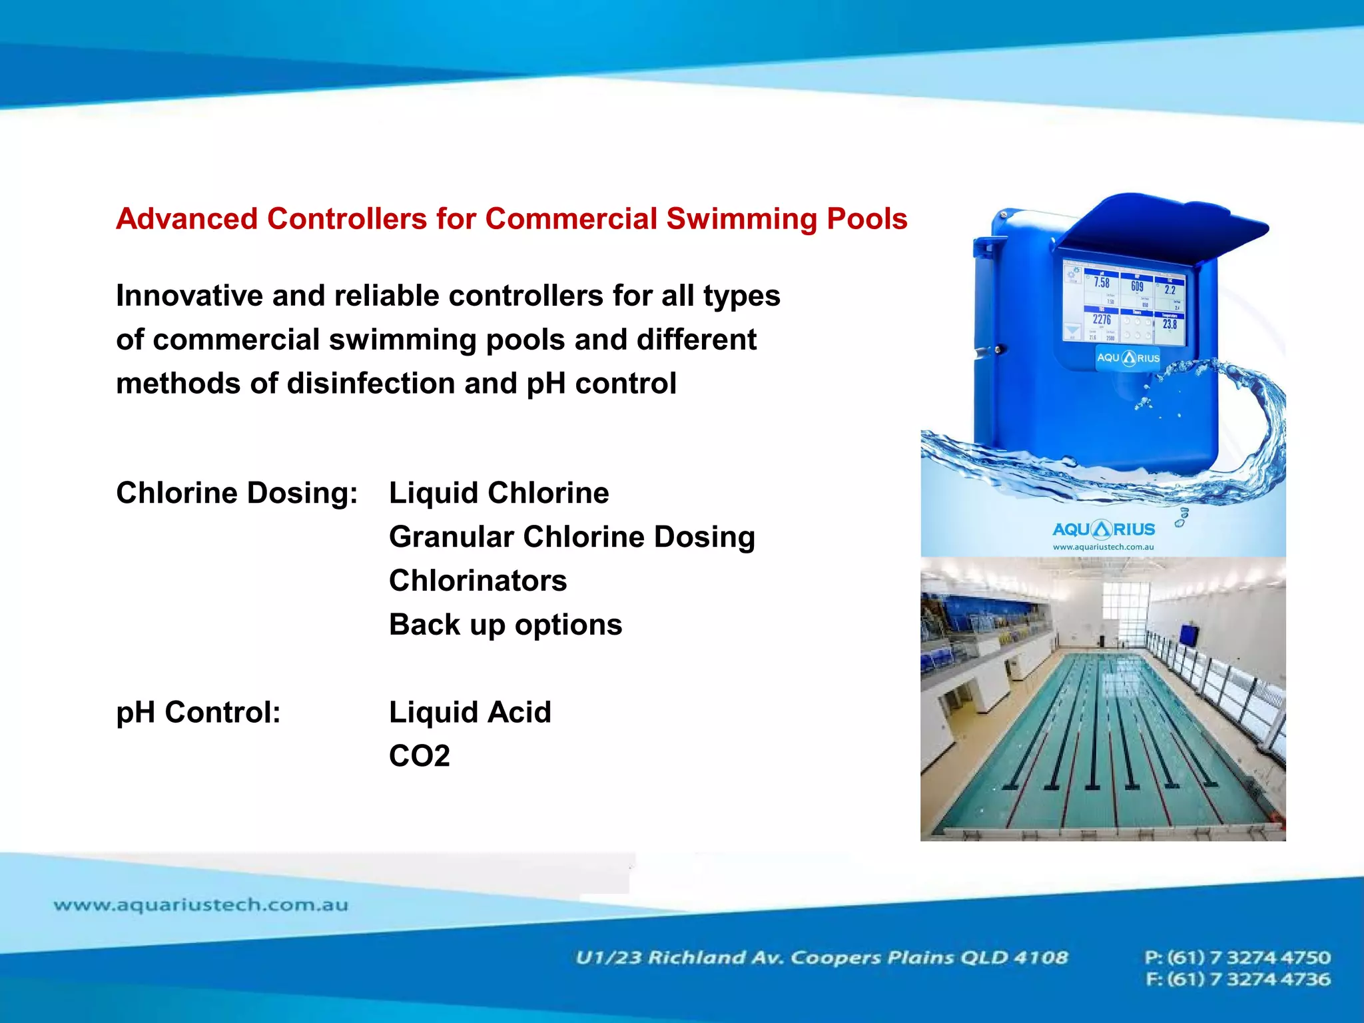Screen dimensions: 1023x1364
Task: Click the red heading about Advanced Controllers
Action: [511, 219]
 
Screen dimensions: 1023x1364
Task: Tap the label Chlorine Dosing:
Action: [236, 494]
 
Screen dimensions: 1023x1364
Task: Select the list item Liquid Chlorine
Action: [499, 494]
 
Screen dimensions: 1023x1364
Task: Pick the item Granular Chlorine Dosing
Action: [571, 537]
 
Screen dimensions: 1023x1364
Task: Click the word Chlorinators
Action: [478, 581]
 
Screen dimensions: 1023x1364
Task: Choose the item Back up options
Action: [506, 625]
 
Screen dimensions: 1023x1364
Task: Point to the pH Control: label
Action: [198, 713]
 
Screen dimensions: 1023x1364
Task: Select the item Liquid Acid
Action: [470, 713]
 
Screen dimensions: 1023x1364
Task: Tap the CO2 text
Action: [420, 756]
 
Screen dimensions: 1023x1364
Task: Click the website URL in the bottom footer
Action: [200, 905]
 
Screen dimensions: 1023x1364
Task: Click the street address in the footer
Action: [821, 958]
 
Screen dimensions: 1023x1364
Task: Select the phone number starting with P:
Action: [1237, 958]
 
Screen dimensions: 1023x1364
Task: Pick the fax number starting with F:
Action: [1237, 980]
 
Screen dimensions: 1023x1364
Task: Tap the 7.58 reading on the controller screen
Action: [1102, 283]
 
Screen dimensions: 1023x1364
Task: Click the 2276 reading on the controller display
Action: [1102, 320]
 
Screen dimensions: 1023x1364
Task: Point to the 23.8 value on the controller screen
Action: [1170, 324]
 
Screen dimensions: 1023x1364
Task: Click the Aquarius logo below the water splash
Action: [1104, 529]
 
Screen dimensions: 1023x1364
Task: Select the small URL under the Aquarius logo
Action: [1103, 547]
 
